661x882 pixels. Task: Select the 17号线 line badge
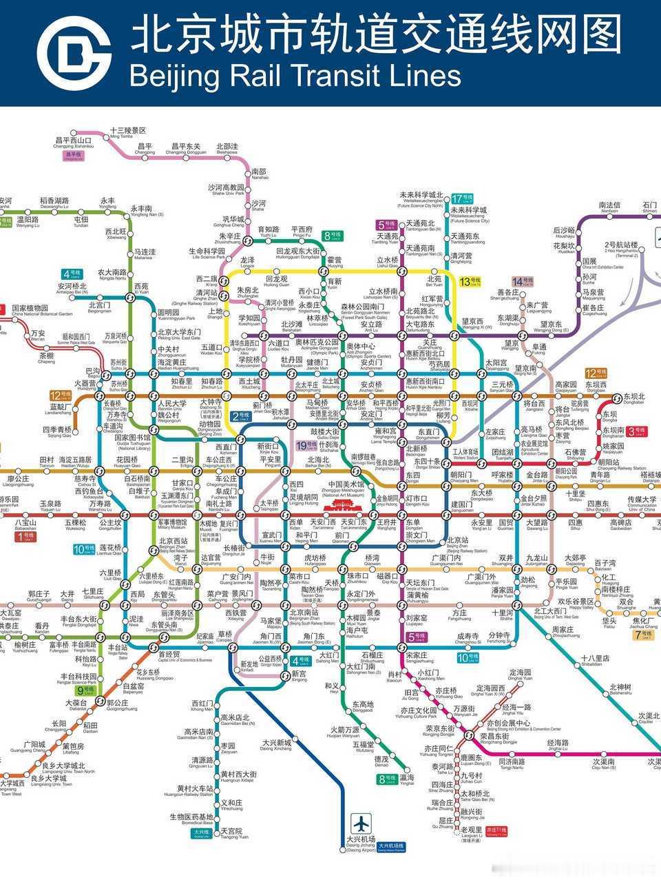pos(462,199)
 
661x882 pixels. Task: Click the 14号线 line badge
pos(523,281)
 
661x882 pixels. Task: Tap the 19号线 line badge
pos(306,445)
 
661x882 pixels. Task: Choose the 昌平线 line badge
pos(73,155)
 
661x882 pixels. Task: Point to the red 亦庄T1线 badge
pos(496,830)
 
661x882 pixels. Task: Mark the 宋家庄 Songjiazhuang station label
pos(417,657)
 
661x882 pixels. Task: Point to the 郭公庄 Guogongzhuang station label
pos(123,704)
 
